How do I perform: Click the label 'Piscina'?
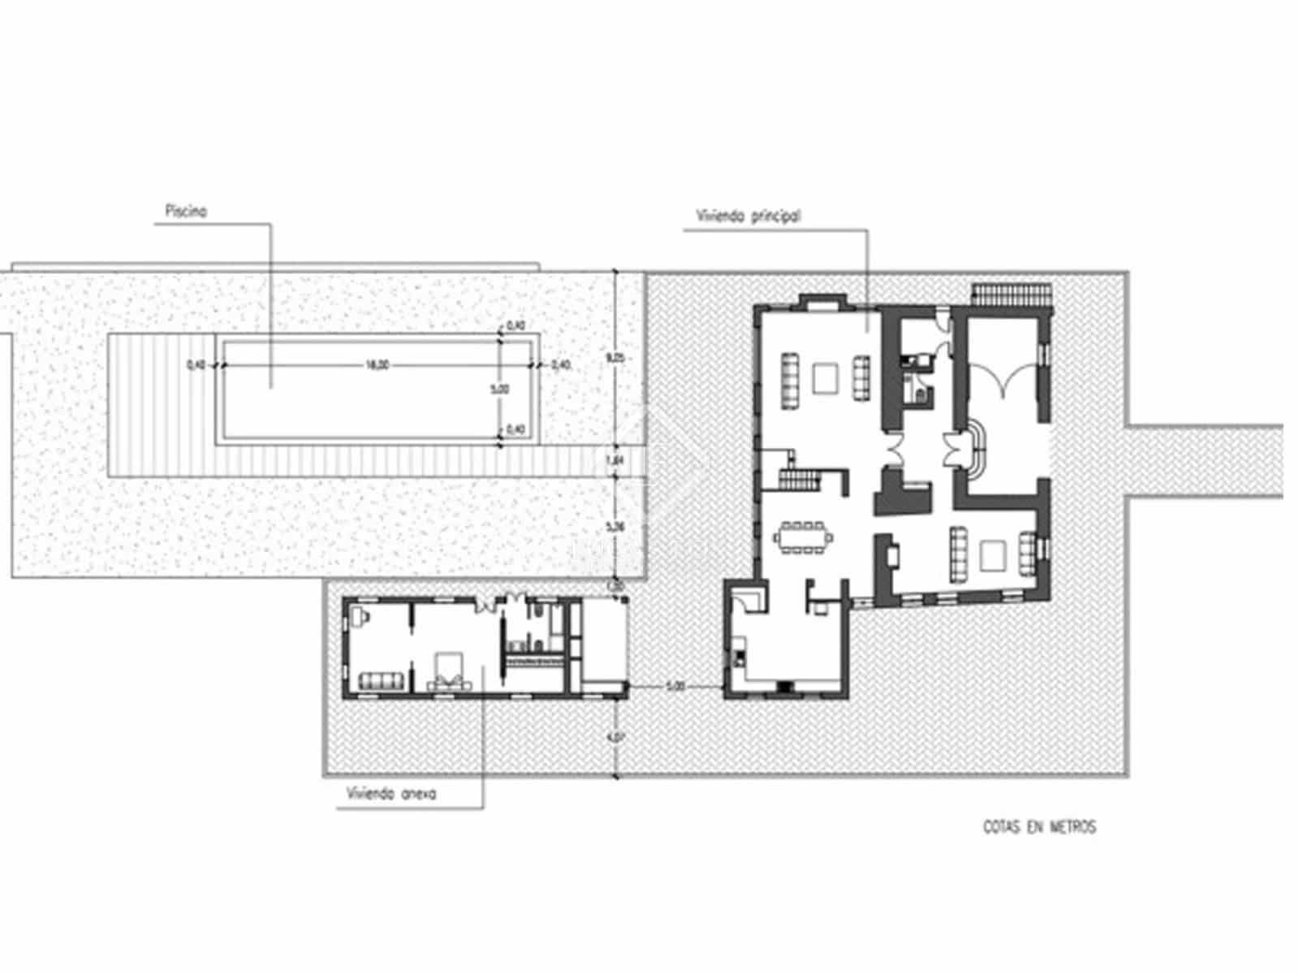point(186,211)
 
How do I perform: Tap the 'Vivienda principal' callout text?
point(749,217)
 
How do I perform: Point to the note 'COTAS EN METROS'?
point(1039,827)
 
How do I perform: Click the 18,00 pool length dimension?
point(376,365)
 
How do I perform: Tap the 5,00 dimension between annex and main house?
point(675,687)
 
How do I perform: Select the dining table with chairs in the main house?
point(804,537)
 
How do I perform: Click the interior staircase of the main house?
point(799,481)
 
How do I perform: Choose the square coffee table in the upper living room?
point(826,377)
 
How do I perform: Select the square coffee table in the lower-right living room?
point(992,556)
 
